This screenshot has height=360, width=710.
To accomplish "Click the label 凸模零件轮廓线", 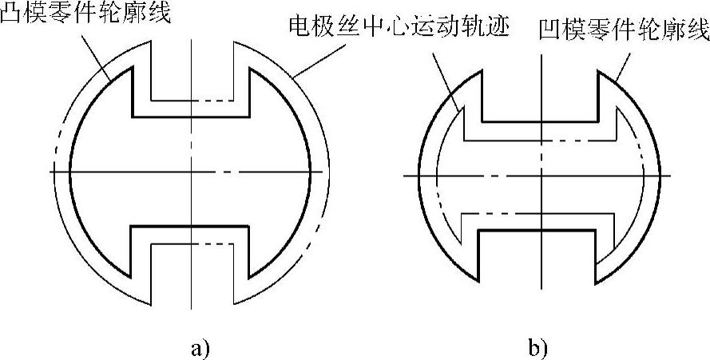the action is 86,14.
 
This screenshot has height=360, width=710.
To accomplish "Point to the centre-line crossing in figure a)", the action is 192,172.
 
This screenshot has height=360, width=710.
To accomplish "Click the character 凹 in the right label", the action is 549,32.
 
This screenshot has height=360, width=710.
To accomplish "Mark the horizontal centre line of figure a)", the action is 120,172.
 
